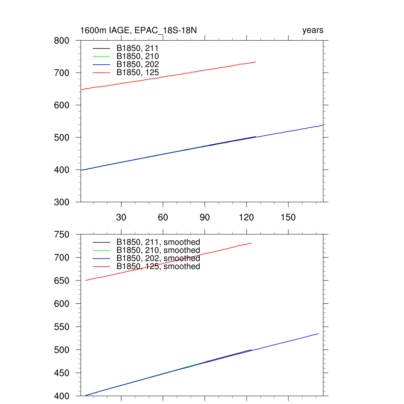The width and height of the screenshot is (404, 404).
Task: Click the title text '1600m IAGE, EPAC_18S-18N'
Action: pyautogui.click(x=142, y=30)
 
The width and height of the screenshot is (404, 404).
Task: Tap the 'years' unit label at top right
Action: pyautogui.click(x=312, y=30)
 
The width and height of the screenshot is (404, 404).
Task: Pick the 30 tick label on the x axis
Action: pyautogui.click(x=121, y=218)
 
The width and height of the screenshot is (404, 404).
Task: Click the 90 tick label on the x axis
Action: pyautogui.click(x=205, y=218)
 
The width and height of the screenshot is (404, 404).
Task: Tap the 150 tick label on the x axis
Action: pyautogui.click(x=288, y=218)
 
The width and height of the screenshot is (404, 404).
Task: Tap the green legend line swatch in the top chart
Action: pyautogui.click(x=101, y=56)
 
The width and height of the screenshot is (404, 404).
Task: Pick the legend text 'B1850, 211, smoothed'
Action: pyautogui.click(x=158, y=242)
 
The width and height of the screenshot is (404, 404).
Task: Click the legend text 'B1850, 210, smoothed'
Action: pyautogui.click(x=158, y=251)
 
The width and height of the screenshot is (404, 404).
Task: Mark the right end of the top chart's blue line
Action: pyautogui.click(x=322, y=125)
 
